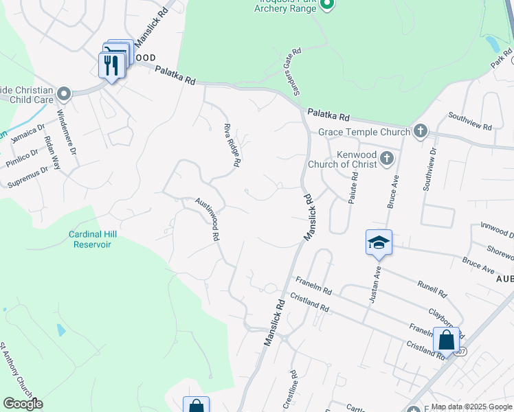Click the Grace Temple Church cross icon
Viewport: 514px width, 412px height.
(x=420, y=131)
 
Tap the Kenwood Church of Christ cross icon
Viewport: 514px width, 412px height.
(x=387, y=159)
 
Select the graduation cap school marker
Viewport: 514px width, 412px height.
(x=378, y=243)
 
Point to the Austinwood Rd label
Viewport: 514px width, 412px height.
(x=207, y=219)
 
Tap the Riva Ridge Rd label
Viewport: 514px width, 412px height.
(x=232, y=145)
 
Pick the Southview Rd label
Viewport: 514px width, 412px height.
(x=469, y=121)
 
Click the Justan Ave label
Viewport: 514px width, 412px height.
(x=376, y=284)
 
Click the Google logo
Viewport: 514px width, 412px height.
(x=23, y=404)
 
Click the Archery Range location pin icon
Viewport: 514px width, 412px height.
(x=327, y=6)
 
